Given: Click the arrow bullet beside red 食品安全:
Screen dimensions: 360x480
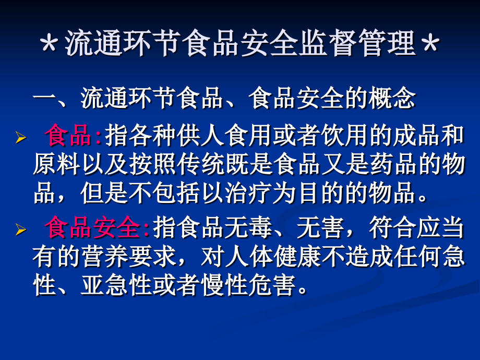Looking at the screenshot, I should point(20,230).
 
